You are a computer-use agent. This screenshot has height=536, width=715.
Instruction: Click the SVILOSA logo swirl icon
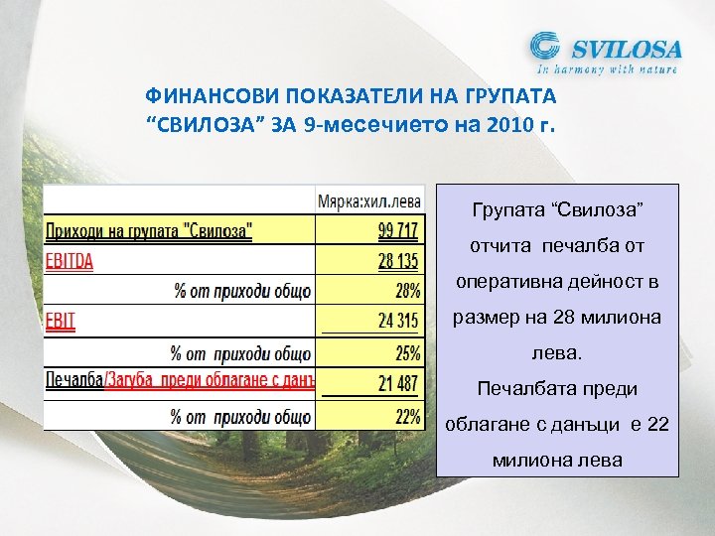tap(546, 48)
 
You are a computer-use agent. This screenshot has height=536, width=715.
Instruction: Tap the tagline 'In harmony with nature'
tap(608, 70)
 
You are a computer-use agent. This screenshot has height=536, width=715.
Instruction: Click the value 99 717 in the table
tap(398, 231)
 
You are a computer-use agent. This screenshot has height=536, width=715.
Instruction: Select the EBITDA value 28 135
tap(398, 261)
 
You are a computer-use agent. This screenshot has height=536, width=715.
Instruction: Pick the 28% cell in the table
tap(407, 291)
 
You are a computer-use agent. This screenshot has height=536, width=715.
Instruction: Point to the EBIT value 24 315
tap(398, 322)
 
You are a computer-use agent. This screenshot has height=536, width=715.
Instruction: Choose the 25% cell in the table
tap(407, 352)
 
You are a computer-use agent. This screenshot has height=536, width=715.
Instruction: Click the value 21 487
tap(398, 383)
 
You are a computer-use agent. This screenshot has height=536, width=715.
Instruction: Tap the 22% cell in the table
tap(407, 416)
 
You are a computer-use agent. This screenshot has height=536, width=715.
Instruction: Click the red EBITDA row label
tap(70, 262)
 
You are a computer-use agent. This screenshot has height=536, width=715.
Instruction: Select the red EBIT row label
tap(60, 323)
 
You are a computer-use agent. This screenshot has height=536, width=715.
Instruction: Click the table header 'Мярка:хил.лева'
tap(368, 200)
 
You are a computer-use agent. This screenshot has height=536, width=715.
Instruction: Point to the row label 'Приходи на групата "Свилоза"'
tap(149, 231)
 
